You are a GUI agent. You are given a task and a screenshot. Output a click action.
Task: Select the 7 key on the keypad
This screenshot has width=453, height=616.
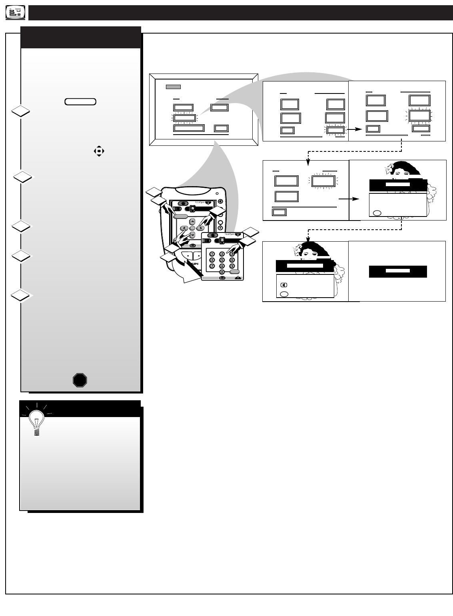[x=212, y=266]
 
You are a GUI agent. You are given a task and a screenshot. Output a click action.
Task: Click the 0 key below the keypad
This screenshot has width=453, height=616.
[x=222, y=272]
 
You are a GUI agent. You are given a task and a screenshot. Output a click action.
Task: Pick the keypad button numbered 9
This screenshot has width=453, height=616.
[x=231, y=266]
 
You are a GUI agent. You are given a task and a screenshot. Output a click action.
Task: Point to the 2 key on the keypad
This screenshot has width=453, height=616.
[x=222, y=254]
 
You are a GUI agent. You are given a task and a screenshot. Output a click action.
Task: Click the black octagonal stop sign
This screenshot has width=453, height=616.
[x=80, y=380]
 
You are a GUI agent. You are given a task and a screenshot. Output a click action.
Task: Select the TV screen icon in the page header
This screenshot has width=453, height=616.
[x=16, y=13]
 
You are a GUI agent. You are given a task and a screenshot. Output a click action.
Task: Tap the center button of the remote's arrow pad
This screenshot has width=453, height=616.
[x=192, y=228]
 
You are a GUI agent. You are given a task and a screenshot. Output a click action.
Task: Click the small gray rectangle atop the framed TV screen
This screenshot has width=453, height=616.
[x=174, y=87]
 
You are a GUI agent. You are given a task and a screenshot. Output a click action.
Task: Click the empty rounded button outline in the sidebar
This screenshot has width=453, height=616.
[x=80, y=101]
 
